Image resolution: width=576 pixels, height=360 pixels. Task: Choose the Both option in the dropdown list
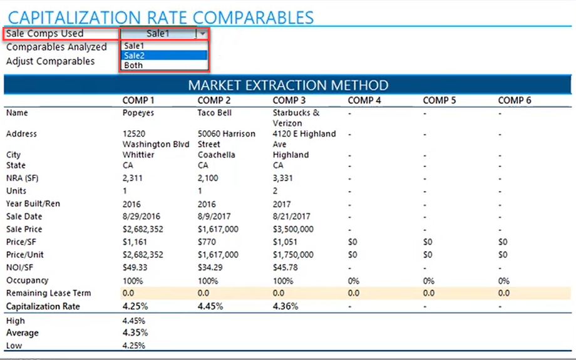pos(133,65)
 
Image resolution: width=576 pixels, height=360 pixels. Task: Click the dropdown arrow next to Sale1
pos(202,34)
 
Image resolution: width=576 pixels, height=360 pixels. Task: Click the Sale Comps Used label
pos(44,34)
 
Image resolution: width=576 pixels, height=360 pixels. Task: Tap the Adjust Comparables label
pos(50,61)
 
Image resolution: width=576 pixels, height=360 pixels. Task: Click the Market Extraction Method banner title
pos(288,85)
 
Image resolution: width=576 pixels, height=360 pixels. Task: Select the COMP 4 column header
pos(364,100)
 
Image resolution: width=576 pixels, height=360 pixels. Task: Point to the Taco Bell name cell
pos(215,113)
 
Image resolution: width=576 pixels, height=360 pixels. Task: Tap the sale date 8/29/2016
pos(141,217)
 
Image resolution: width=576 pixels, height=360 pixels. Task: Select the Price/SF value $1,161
pos(135,242)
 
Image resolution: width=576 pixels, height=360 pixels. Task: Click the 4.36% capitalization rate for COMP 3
pos(285,306)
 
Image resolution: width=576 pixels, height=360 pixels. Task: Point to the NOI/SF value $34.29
pos(210,267)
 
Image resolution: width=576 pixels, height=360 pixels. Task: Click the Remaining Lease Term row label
pos(48,293)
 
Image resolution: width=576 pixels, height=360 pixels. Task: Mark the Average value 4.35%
pos(136,332)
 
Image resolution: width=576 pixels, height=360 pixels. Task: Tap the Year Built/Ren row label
pos(33,204)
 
